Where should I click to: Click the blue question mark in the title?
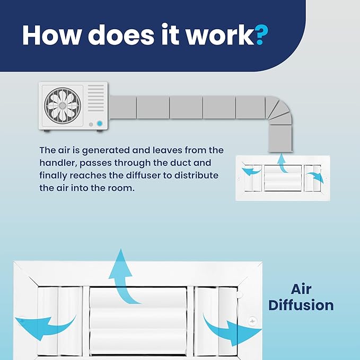(x=261, y=35)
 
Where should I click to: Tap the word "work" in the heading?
(x=219, y=34)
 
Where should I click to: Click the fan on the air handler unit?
(x=63, y=106)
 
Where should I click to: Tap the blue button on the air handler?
(x=100, y=124)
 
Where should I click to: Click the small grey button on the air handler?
(x=91, y=125)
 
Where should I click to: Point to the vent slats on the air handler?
(x=96, y=98)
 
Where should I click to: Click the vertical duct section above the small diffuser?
(x=280, y=138)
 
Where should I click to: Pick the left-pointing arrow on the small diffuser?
(x=251, y=171)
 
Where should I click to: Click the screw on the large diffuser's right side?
(x=252, y=321)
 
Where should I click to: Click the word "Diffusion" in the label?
(x=301, y=305)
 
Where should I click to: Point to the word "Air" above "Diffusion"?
(x=301, y=289)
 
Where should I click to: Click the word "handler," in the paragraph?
(x=57, y=163)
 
